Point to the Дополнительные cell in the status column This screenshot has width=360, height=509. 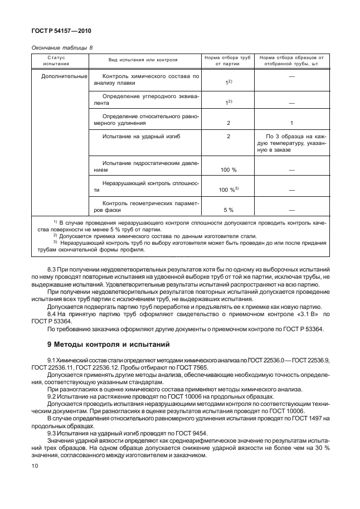click(64, 75)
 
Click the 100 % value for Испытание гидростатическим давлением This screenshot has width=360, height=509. click(227, 169)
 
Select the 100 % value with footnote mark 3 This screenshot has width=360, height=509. click(228, 190)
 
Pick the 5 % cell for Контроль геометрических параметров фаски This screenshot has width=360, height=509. click(227, 210)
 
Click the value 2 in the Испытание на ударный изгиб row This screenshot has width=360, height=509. click(228, 136)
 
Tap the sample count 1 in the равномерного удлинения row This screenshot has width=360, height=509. click(291, 123)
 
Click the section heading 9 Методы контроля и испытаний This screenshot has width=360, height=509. click(100, 344)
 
